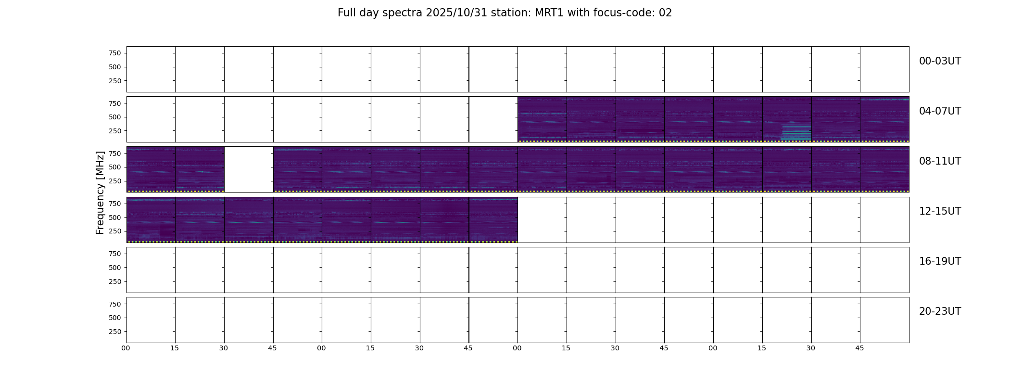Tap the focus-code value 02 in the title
(x=665, y=13)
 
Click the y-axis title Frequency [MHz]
(x=100, y=192)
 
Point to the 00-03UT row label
(x=940, y=61)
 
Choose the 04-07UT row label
(x=940, y=111)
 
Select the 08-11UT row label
(x=940, y=161)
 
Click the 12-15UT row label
(x=940, y=211)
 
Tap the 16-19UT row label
(x=940, y=261)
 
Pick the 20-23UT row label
(x=940, y=311)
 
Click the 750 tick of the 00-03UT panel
(x=115, y=53)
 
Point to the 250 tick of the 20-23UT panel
(x=115, y=332)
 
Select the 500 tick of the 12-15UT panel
(x=115, y=218)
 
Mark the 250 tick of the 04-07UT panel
(x=115, y=131)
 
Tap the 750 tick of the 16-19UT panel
(x=115, y=254)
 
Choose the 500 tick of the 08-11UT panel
(x=115, y=167)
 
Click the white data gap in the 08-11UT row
(x=249, y=169)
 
